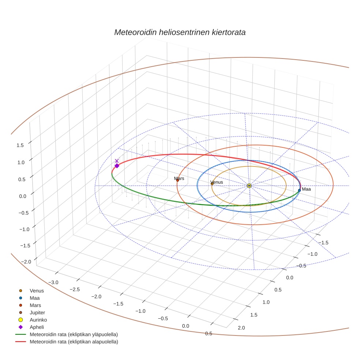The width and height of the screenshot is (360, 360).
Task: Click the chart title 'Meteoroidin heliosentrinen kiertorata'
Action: tap(180, 32)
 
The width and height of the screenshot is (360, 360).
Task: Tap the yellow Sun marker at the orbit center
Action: tap(249, 186)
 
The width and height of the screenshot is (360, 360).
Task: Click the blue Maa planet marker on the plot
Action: tap(299, 190)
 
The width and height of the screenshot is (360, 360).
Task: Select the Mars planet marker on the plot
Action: tap(177, 180)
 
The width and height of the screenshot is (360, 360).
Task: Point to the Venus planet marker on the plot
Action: tap(212, 184)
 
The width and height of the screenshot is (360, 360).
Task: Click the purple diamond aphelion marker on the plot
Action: tap(117, 166)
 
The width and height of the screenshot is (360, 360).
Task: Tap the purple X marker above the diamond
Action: tap(117, 161)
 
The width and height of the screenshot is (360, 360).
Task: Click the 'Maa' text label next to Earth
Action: tap(306, 189)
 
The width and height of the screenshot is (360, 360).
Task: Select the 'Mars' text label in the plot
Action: tap(179, 179)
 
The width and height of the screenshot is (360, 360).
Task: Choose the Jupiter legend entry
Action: tap(37, 312)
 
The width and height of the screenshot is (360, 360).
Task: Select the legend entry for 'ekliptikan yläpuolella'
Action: tap(74, 334)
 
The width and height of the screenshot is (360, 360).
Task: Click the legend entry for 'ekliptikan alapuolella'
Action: tap(74, 342)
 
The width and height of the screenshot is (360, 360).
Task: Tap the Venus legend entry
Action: tap(37, 291)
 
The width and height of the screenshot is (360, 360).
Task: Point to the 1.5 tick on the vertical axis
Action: tap(20, 145)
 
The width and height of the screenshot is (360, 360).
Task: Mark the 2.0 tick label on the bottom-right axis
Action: tap(241, 327)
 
